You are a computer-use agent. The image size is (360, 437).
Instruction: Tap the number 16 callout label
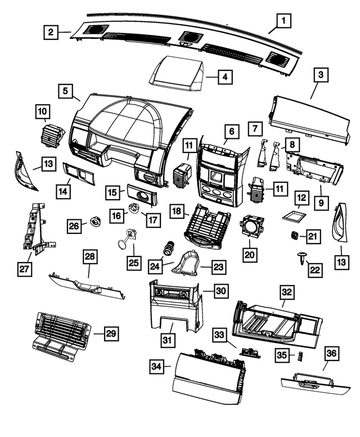pyautogui.click(x=116, y=215)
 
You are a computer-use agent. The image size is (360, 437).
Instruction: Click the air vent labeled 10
pyautogui.click(x=55, y=136)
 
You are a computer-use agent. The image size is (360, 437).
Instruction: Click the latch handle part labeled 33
pyautogui.click(x=247, y=351)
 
